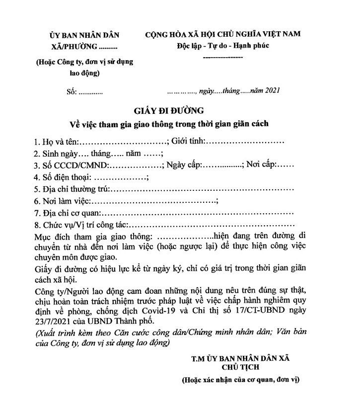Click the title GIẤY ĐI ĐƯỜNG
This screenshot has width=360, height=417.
tap(168, 110)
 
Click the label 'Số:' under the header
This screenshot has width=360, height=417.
tap(72, 91)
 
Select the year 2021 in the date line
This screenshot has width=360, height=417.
tap(273, 90)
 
